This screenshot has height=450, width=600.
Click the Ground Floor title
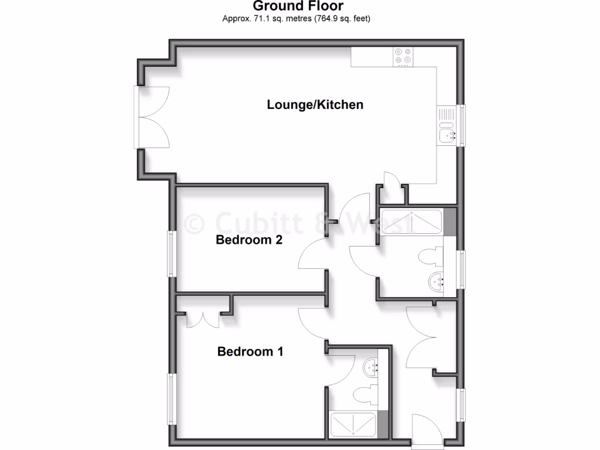pyautogui.click(x=298, y=6)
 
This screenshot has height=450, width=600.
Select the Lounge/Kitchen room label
pyautogui.click(x=315, y=105)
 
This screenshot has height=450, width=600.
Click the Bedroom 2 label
pyautogui.click(x=250, y=240)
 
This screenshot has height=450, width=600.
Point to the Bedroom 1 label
pyautogui.click(x=250, y=352)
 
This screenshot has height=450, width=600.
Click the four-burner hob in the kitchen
pyautogui.click(x=403, y=56)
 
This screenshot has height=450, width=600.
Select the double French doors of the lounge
pyautogui.click(x=154, y=117)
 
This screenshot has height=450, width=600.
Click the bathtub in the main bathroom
pyautogui.click(x=411, y=222)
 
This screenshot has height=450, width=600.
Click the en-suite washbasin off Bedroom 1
pyautogui.click(x=370, y=368)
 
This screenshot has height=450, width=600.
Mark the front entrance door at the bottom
pyautogui.click(x=427, y=432)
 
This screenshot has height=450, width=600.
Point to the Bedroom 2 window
pyautogui.click(x=171, y=253)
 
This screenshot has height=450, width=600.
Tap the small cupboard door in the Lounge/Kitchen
pyautogui.click(x=393, y=180)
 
